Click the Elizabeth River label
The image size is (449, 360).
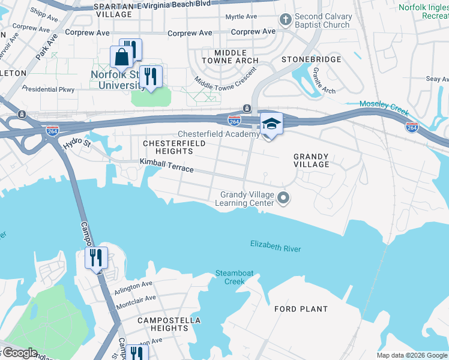point(276,246)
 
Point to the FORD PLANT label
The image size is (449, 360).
point(301,309)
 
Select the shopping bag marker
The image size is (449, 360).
point(121,58)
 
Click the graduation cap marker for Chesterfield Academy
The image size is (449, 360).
point(271,125)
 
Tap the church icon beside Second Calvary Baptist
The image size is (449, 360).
point(286,20)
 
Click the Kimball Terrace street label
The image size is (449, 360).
point(167,165)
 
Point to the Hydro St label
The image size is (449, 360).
point(76,143)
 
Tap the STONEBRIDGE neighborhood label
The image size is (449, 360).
point(311,59)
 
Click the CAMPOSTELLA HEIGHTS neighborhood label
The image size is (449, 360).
point(162,324)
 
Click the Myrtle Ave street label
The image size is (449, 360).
point(241,17)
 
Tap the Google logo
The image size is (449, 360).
point(19,353)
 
